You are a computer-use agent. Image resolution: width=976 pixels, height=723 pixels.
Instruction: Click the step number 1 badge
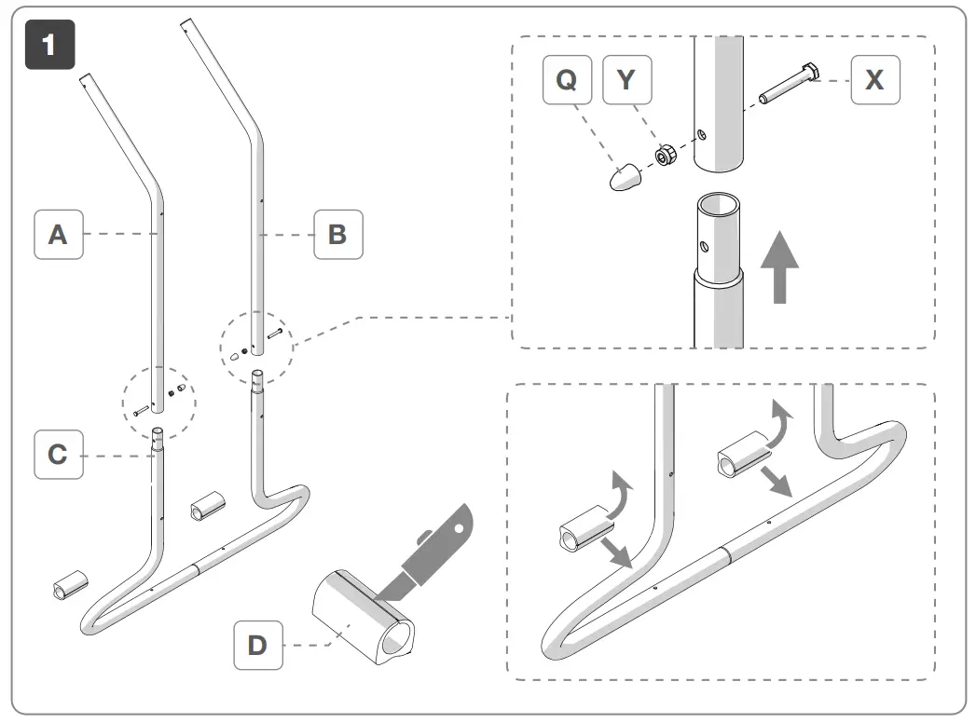click(x=48, y=48)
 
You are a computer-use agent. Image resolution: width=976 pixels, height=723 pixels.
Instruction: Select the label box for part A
click(x=58, y=235)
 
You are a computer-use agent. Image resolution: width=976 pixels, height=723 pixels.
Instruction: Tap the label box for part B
click(x=337, y=235)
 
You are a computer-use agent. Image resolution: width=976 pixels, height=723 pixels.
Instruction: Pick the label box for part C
click(x=58, y=455)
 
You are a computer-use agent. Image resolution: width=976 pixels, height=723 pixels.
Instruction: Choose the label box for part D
click(x=257, y=645)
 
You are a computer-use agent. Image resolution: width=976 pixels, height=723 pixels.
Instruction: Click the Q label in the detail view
click(x=567, y=80)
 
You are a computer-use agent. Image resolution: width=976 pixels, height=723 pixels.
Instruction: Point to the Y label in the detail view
click(x=626, y=80)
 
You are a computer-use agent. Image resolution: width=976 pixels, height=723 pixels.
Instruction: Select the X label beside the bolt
click(x=874, y=80)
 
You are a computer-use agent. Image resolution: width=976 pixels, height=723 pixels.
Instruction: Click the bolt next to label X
click(x=789, y=86)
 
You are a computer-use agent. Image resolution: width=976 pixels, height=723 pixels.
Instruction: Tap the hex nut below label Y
click(x=666, y=155)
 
